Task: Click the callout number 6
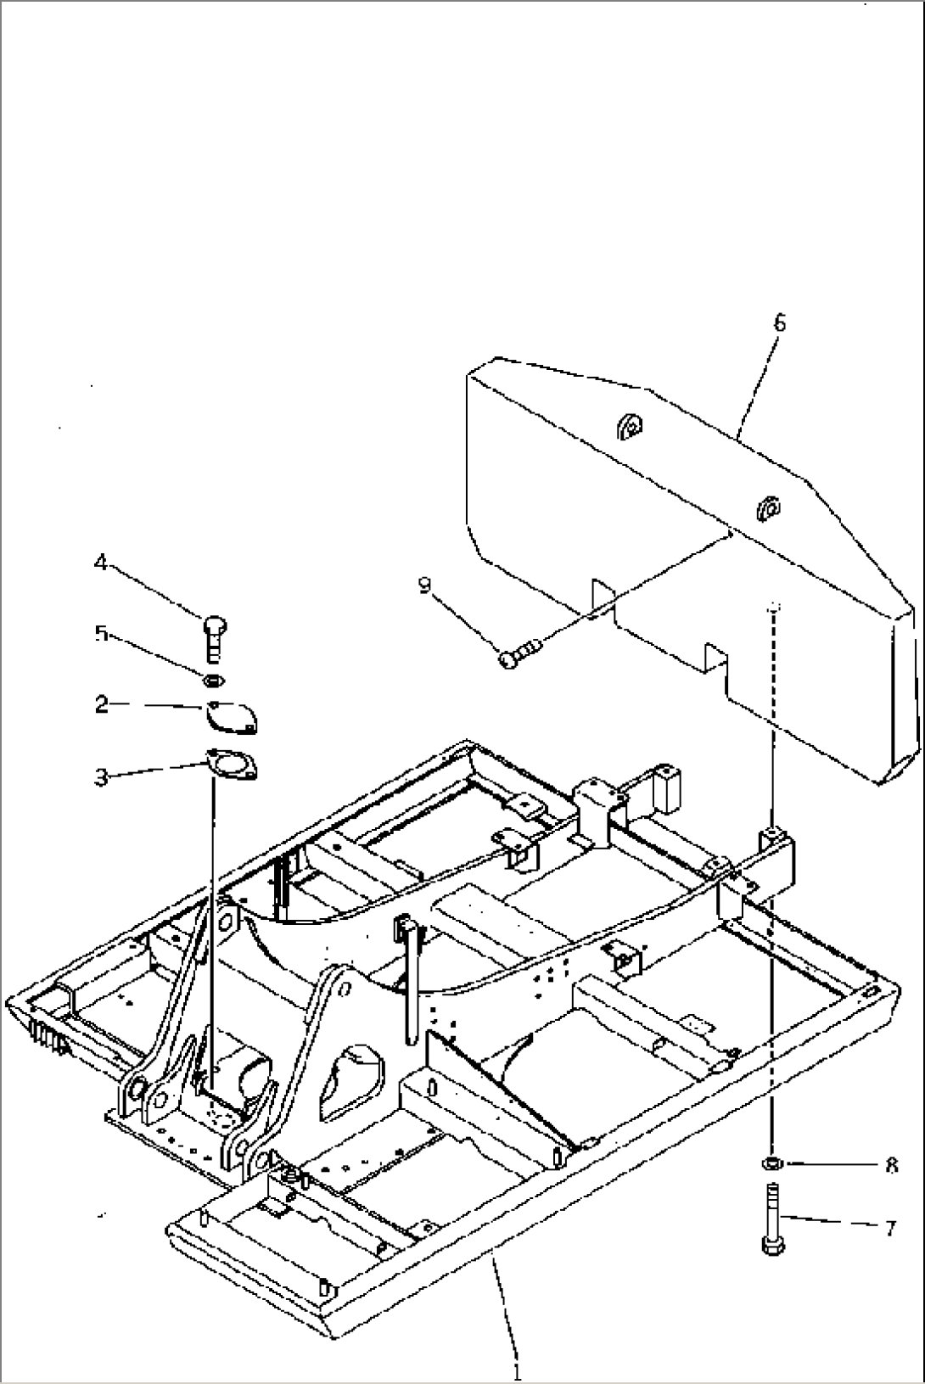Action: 780,322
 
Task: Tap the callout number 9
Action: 425,584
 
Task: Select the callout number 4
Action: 101,562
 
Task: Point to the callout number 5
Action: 101,634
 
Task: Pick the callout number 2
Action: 101,705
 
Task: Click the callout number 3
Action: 101,776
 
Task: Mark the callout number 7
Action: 890,1228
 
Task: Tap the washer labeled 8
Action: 771,1163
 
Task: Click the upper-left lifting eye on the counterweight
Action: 630,426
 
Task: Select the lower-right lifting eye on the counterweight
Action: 768,507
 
